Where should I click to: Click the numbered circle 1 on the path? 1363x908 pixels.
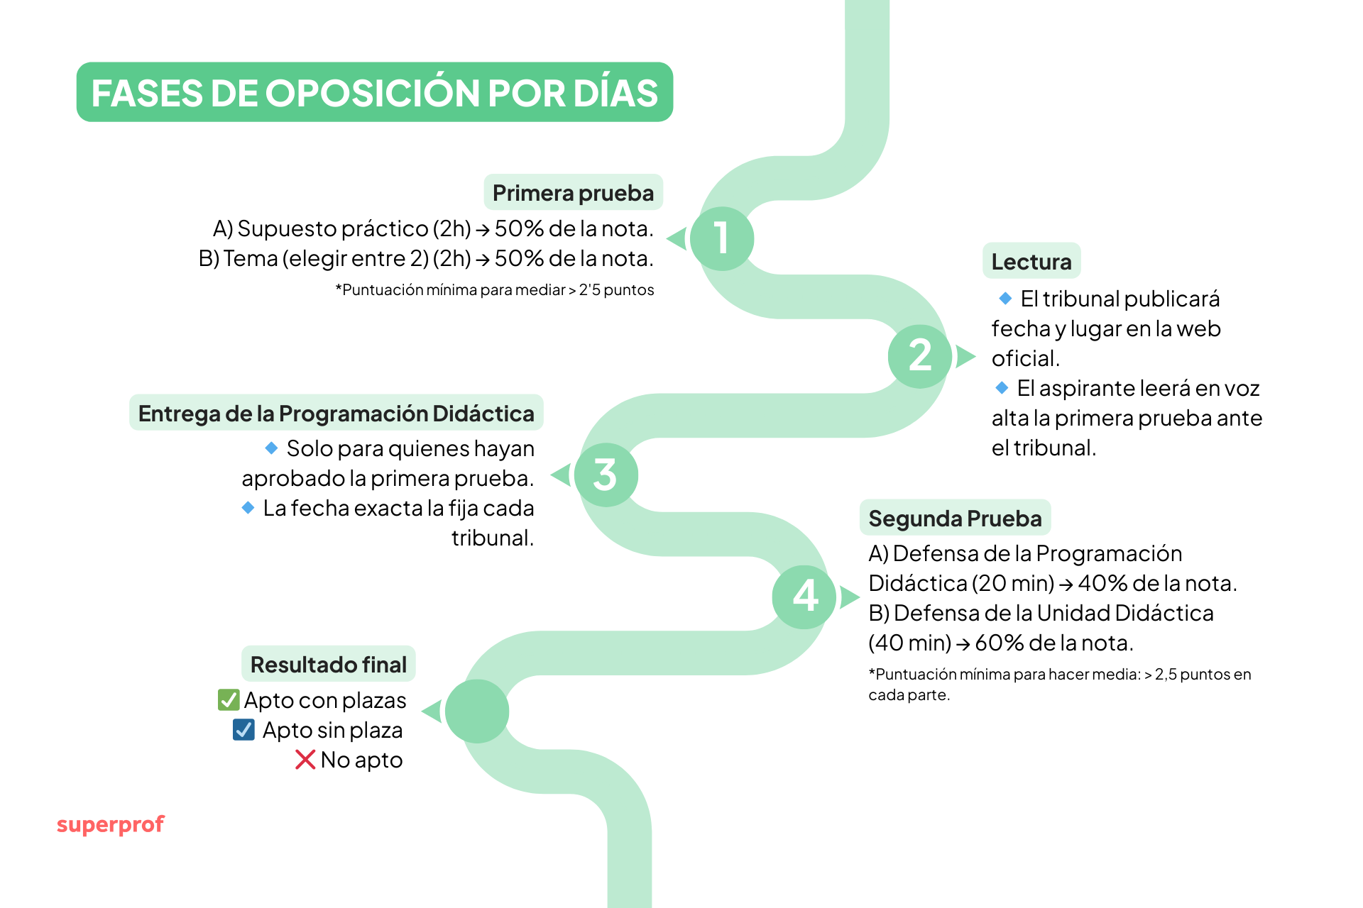click(x=722, y=238)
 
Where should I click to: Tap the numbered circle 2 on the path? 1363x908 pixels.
click(x=919, y=356)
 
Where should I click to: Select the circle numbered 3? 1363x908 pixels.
click(x=606, y=475)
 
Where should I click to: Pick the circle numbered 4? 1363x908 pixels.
click(x=804, y=597)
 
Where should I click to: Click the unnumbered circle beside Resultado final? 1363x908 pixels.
click(x=477, y=711)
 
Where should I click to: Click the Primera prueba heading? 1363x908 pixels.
click(x=573, y=193)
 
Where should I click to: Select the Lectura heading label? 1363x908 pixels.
click(x=1031, y=262)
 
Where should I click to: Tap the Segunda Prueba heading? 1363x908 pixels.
click(x=955, y=519)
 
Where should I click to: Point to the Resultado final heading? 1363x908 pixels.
click(x=329, y=665)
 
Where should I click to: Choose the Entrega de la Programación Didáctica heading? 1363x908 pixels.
click(x=336, y=414)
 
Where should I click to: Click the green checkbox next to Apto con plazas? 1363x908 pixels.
click(x=229, y=700)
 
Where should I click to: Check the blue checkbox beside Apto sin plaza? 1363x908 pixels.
click(x=243, y=730)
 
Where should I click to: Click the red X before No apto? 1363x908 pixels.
click(x=305, y=760)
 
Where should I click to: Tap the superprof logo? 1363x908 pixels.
click(x=111, y=824)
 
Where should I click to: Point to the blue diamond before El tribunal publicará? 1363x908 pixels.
click(x=1005, y=299)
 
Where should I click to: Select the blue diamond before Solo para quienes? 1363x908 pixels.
click(x=271, y=448)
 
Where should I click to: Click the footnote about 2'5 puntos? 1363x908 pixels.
click(x=495, y=290)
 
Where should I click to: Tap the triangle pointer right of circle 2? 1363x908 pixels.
click(x=965, y=356)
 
